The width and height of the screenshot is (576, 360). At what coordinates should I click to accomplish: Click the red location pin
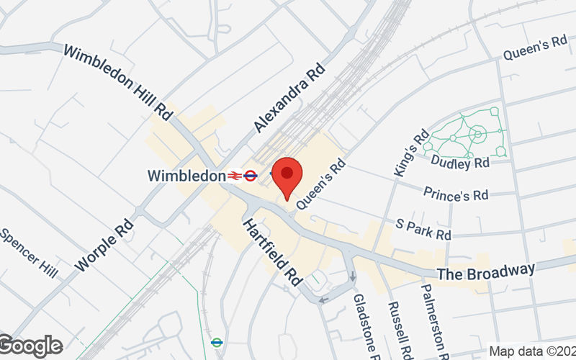(x=287, y=177)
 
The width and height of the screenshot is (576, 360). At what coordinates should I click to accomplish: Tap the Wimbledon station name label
(x=186, y=175)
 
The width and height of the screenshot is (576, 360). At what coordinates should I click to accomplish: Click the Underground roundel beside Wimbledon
(x=250, y=175)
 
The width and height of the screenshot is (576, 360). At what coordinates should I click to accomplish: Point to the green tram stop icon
(x=217, y=342)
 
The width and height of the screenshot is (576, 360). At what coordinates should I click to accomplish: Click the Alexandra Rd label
(x=289, y=96)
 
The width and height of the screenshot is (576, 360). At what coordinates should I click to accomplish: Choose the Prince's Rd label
(x=456, y=194)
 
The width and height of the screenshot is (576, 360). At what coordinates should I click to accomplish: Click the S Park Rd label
(x=423, y=230)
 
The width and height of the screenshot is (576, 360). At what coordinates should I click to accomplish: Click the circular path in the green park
(x=476, y=133)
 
